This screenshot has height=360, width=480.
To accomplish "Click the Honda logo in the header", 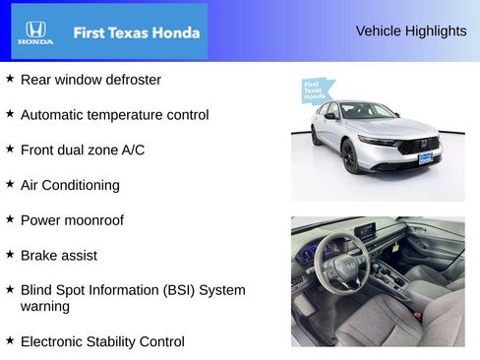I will [34, 32].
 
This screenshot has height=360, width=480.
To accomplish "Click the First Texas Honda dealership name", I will [136, 32].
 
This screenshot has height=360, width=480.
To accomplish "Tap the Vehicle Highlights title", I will [410, 31].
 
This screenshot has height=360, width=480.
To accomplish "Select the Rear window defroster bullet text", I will [90, 80].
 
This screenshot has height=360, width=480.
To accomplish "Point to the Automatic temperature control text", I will [114, 115].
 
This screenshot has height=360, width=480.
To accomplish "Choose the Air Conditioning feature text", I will [70, 185].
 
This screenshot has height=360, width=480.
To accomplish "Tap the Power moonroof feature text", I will [72, 220].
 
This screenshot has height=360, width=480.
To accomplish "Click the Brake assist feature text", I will [58, 255].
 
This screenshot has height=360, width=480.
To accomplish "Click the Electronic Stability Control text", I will [102, 341].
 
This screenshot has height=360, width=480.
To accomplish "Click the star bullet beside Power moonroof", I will [10, 218].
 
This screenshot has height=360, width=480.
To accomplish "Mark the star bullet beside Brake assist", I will [10, 254].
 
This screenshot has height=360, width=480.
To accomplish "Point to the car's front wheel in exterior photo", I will [350, 156].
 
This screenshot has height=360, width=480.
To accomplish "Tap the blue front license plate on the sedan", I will [425, 156].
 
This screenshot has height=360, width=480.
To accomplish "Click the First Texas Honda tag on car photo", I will [314, 91].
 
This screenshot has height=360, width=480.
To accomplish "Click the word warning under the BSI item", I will [45, 306].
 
